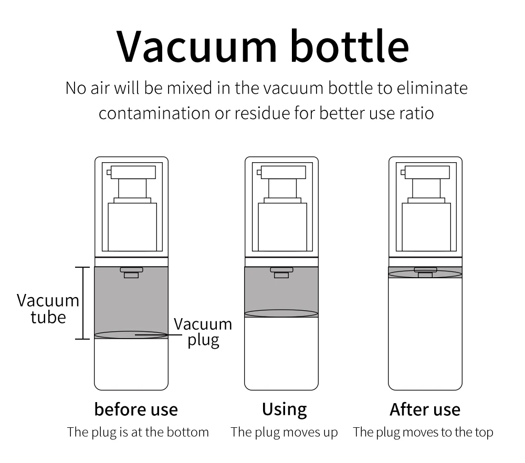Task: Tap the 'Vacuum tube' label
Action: click(48, 309)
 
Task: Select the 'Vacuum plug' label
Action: click(203, 332)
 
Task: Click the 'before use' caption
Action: click(136, 409)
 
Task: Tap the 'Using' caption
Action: click(285, 409)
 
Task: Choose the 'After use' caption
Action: click(425, 409)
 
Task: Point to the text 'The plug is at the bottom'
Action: click(138, 433)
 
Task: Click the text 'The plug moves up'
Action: click(285, 433)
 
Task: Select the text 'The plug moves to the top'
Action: click(423, 433)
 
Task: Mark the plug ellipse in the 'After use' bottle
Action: click(425, 273)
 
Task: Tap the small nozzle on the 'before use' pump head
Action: click(109, 172)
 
